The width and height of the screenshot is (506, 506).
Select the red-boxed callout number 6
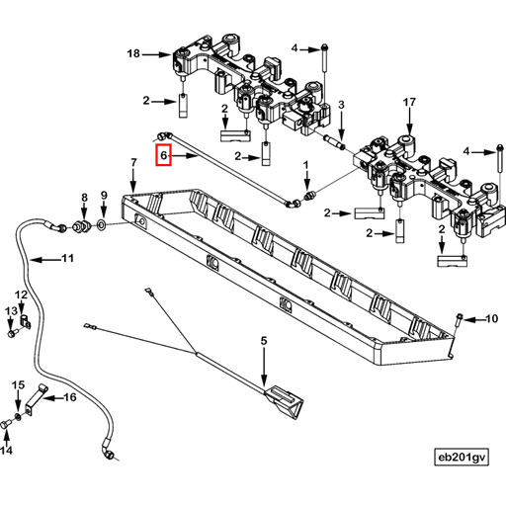tap(164, 156)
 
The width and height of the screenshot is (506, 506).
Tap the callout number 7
tap(133, 161)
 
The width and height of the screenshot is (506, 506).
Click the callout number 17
tap(409, 102)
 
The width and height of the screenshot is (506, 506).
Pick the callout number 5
tap(264, 341)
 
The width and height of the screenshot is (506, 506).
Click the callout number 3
tap(340, 105)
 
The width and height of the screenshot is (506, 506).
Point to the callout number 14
tap(7, 451)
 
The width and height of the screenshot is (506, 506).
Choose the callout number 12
tap(21, 295)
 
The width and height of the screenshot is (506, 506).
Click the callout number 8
tap(84, 197)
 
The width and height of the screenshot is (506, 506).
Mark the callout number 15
tap(17, 384)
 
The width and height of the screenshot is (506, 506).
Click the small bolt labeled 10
tap(461, 318)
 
